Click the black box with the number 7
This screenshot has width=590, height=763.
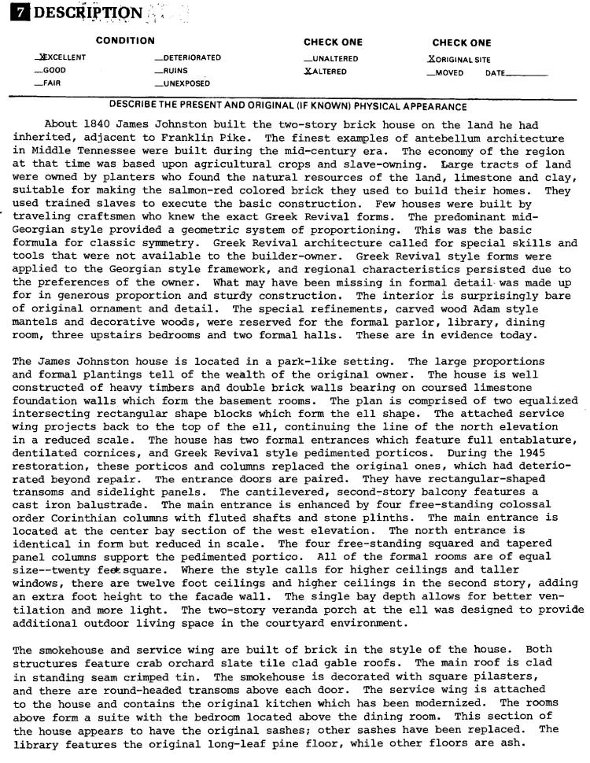[x=16, y=13]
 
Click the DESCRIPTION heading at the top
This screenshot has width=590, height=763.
[x=84, y=13]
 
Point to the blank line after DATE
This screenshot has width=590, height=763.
[x=526, y=73]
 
